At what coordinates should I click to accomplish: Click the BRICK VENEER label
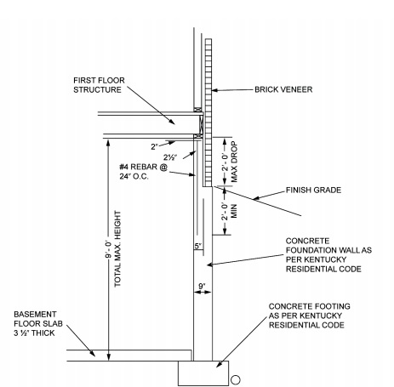click(x=283, y=89)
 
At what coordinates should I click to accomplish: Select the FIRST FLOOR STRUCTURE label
click(x=99, y=85)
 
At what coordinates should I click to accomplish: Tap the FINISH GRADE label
click(x=313, y=190)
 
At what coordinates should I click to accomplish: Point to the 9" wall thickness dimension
click(x=202, y=287)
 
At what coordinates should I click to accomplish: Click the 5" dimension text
click(x=198, y=246)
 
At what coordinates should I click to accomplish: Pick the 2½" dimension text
click(x=170, y=157)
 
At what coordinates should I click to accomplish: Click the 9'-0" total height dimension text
click(x=108, y=250)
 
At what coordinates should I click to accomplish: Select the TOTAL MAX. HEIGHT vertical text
click(x=117, y=249)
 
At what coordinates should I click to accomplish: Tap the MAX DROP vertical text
click(x=234, y=162)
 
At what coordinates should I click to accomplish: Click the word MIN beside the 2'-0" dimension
click(x=234, y=211)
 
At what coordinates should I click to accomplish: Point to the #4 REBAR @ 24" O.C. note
click(x=144, y=172)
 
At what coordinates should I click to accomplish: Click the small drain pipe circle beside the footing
click(x=236, y=379)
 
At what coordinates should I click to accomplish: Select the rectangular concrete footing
click(x=203, y=373)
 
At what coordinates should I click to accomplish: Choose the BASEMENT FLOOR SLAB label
click(x=38, y=323)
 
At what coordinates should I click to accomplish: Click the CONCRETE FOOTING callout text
click(x=310, y=316)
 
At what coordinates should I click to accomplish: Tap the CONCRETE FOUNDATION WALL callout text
click(x=328, y=255)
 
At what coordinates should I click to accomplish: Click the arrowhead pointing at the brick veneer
click(x=214, y=90)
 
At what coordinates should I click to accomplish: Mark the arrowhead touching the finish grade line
click(x=255, y=198)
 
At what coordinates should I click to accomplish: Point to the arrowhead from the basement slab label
click(x=92, y=353)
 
